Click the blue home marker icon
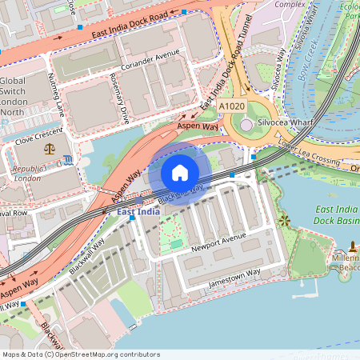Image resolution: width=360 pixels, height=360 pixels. tap(180, 173)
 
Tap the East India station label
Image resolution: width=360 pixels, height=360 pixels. tap(138, 212)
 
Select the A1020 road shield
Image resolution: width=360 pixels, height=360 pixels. tap(231, 106)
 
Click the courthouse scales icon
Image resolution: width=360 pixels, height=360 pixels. tap(50, 149)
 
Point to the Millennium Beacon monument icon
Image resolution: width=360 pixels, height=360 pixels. tap(353, 245)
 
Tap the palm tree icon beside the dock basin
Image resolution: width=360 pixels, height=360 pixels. tap(284, 219)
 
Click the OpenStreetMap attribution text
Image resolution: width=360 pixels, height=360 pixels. tap(80, 354)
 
